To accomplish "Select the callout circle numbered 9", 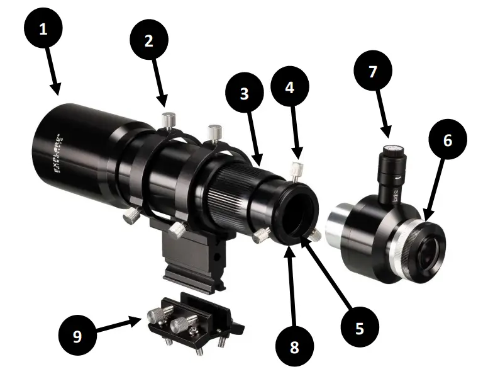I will point(77,336).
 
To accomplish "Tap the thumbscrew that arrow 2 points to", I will point(169,118).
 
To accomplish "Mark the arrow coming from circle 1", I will point(54,78).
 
